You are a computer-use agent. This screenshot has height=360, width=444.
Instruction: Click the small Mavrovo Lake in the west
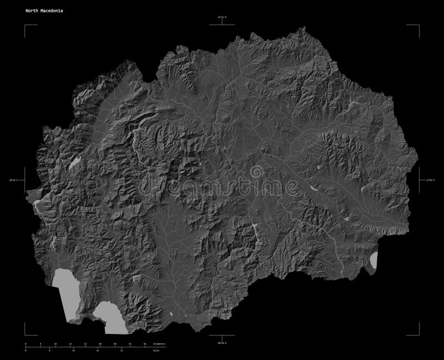(75, 162)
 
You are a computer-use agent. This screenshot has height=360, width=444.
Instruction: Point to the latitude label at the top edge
(222, 18)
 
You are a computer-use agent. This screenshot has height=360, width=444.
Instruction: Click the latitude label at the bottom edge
(222, 343)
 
